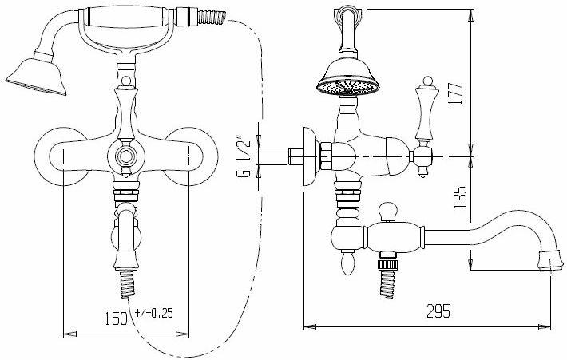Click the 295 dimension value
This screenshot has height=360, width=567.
(x=438, y=311)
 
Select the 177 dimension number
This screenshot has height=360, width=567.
(x=455, y=94)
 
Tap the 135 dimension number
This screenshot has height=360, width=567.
(x=460, y=197)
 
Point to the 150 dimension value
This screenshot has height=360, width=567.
(x=117, y=318)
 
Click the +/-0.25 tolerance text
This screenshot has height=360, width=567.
(x=153, y=313)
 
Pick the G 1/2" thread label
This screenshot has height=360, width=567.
(x=244, y=156)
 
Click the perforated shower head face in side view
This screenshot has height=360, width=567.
(x=348, y=87)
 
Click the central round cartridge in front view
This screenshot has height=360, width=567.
(x=126, y=157)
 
